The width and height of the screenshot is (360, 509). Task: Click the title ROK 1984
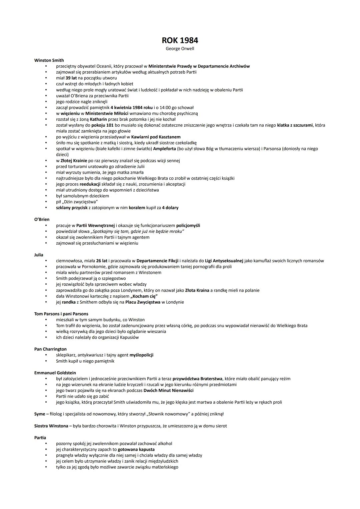tap(180, 40)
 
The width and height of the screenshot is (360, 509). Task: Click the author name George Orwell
tap(180, 49)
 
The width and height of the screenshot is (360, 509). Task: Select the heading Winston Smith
tap(49, 60)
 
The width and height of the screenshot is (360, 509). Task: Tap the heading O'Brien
tap(42, 219)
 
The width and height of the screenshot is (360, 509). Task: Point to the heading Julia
tap(39, 255)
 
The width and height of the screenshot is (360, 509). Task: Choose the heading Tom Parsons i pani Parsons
tap(61, 314)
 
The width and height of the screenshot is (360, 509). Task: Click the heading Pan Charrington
tap(50, 349)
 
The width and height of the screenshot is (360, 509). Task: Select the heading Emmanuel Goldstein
tap(55, 373)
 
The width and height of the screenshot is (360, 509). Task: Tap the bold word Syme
tap(39, 414)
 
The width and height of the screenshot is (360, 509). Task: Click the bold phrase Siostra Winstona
tap(51, 426)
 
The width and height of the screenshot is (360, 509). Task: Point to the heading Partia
tap(40, 438)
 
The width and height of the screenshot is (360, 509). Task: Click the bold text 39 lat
tap(71, 78)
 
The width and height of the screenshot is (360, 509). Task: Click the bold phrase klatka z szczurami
tap(295, 125)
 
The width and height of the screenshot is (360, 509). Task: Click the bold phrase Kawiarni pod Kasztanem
tap(156, 137)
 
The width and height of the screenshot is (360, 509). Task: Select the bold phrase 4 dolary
tap(170, 208)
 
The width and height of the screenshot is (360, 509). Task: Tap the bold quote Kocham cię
tap(144, 296)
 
